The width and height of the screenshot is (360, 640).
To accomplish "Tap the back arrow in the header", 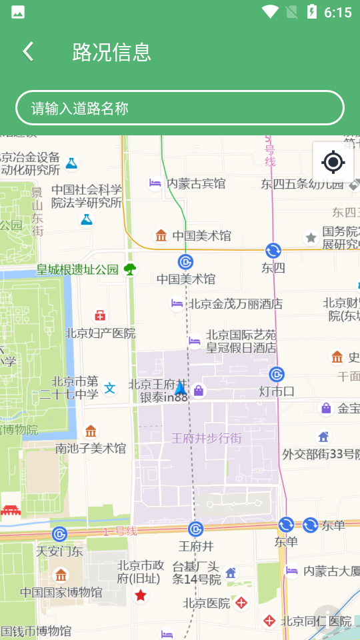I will click(28, 51).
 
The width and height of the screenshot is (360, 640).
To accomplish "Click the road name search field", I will click(180, 108).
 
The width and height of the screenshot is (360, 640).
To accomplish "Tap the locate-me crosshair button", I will click(333, 162).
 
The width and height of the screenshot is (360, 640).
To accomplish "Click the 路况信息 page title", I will click(112, 51).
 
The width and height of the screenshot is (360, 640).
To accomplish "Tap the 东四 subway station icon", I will click(273, 251).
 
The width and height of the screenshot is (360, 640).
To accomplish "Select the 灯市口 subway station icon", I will click(277, 375).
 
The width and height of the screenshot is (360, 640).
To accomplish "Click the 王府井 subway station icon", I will click(195, 529).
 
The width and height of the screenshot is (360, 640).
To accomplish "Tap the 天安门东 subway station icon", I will click(60, 534).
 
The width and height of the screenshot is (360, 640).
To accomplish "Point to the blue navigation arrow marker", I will click(180, 388).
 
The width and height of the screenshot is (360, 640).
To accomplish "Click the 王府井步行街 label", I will click(207, 438).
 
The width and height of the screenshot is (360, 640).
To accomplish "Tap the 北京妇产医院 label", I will click(100, 333).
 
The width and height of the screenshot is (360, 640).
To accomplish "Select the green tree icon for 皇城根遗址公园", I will click(130, 269).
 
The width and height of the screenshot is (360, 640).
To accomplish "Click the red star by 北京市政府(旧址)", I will click(141, 595).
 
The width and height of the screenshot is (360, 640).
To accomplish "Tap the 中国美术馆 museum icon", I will click(161, 235).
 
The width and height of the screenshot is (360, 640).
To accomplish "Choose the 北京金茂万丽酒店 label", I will click(235, 304).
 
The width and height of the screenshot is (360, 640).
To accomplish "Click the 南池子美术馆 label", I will click(91, 448).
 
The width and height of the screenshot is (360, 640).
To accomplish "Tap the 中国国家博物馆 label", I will click(61, 592).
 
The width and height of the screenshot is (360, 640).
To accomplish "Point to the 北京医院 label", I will click(207, 603).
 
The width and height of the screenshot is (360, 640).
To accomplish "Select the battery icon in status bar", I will click(311, 12).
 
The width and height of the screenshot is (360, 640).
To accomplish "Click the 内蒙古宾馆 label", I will click(196, 183).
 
